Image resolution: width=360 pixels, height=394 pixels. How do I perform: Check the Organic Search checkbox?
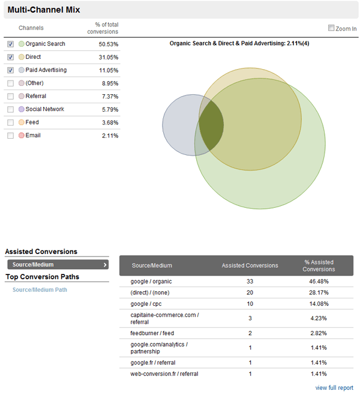pyautogui.click(x=10, y=44)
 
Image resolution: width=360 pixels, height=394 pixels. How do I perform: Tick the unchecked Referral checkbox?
pyautogui.click(x=10, y=96)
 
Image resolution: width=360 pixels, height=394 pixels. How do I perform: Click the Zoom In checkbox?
pyautogui.click(x=331, y=28)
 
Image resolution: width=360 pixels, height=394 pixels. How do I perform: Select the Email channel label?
pyautogui.click(x=33, y=136)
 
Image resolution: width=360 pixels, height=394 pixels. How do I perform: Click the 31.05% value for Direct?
pyautogui.click(x=108, y=57)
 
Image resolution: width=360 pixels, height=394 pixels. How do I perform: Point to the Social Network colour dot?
pyautogui.click(x=22, y=109)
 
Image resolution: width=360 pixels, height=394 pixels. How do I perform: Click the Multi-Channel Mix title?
pyautogui.click(x=44, y=10)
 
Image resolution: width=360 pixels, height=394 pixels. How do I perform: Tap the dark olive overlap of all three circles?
pyautogui.click(x=211, y=126)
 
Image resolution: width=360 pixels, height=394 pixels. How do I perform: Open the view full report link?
pyautogui.click(x=334, y=387)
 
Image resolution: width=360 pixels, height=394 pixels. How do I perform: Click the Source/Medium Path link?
pyautogui.click(x=40, y=289)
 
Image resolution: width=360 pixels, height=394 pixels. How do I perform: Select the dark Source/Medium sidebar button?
pyautogui.click(x=58, y=264)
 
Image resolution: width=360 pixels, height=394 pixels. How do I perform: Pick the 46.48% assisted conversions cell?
pyautogui.click(x=319, y=281)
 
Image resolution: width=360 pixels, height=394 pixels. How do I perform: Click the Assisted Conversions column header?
pyautogui.click(x=250, y=265)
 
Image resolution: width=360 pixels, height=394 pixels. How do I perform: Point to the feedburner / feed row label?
pyautogui.click(x=153, y=333)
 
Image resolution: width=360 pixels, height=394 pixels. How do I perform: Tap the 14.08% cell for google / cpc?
pyautogui.click(x=319, y=304)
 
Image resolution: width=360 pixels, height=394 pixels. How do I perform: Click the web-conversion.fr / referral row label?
pyautogui.click(x=164, y=374)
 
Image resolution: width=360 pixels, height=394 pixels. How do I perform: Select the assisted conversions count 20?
pyautogui.click(x=250, y=292)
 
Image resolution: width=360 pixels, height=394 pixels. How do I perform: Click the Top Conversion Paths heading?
pyautogui.click(x=43, y=277)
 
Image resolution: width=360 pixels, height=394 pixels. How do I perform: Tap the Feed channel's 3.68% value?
pyautogui.click(x=109, y=123)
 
